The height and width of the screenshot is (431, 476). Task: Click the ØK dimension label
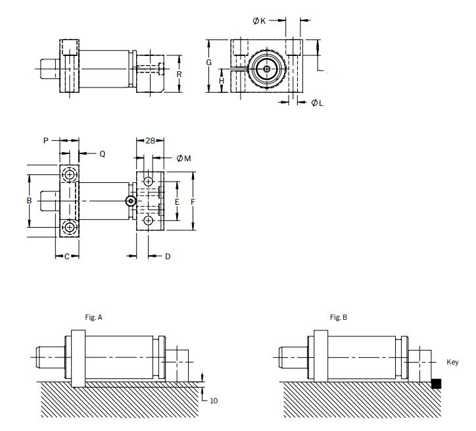click(x=259, y=20)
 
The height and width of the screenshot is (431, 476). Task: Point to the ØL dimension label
click(x=318, y=103)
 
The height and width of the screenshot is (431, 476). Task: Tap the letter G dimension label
click(x=209, y=63)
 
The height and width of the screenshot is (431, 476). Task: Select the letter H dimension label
click(x=222, y=81)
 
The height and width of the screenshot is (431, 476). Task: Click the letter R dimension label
click(x=179, y=74)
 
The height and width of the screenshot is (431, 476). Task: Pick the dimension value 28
click(x=150, y=141)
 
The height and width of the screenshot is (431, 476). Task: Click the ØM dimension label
click(x=183, y=158)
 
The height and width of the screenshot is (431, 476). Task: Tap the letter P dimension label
click(x=46, y=141)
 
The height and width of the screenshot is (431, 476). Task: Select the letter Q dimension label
click(x=103, y=154)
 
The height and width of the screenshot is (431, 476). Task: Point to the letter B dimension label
click(x=29, y=201)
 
